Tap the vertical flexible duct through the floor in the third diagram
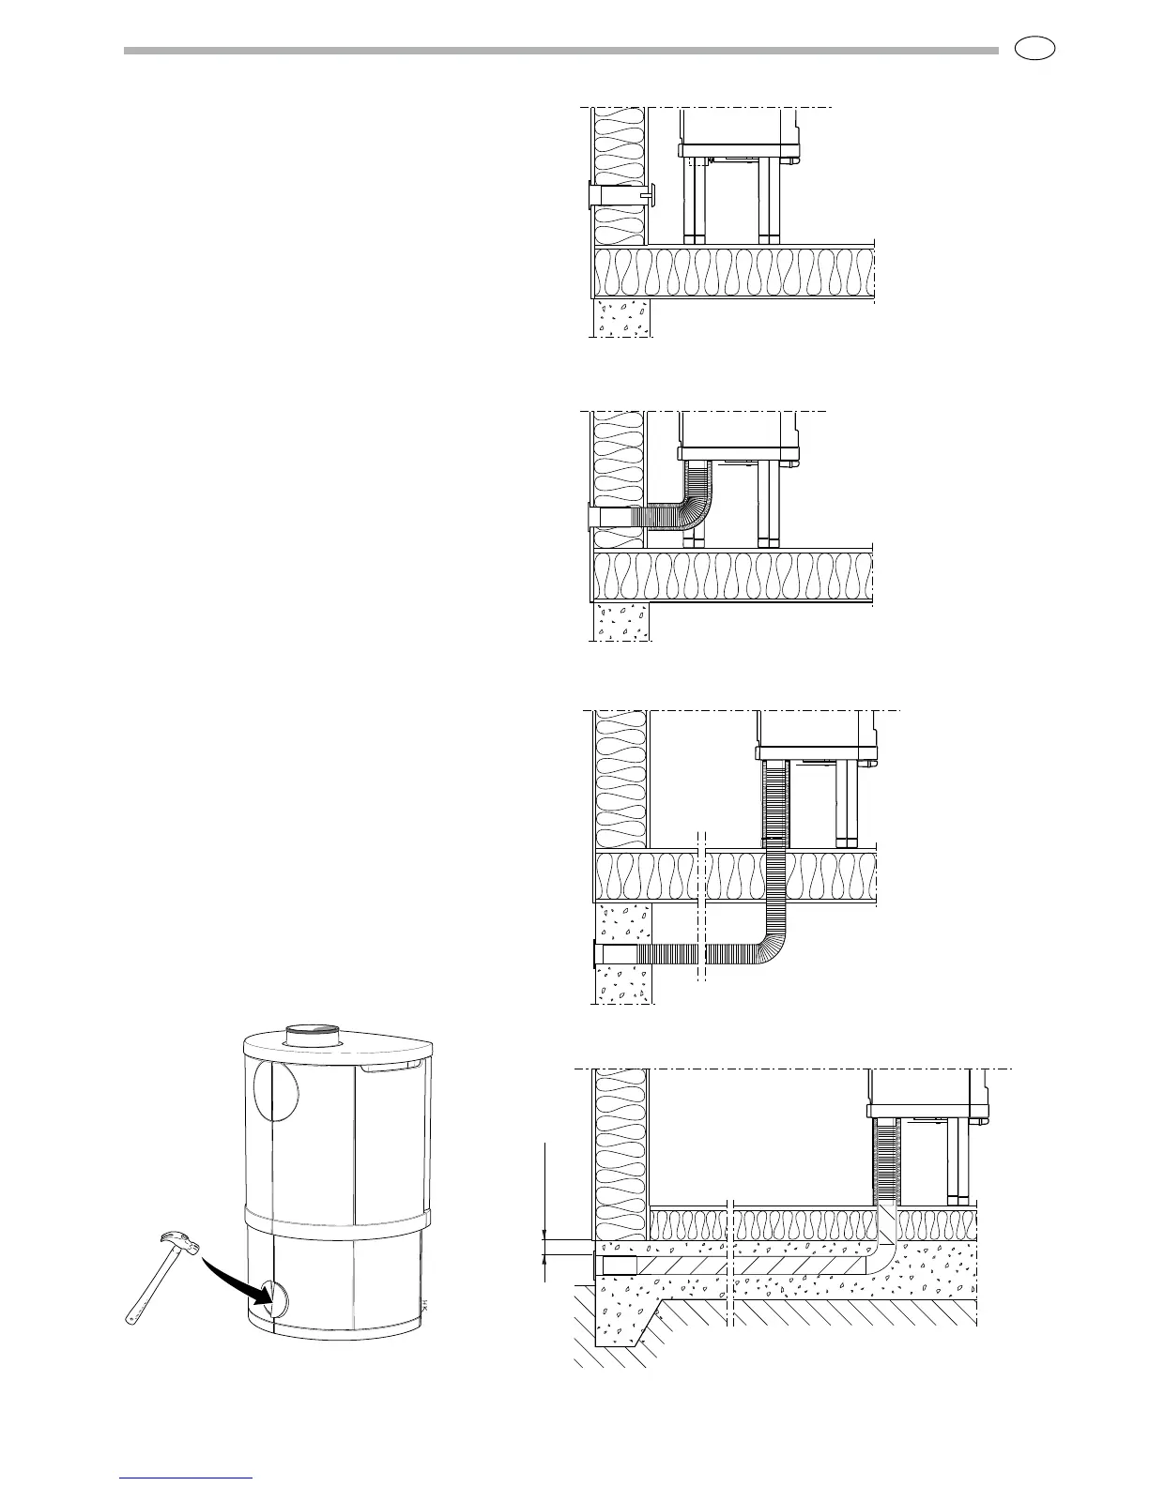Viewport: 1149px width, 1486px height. point(776,844)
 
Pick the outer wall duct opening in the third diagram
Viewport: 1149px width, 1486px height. point(601,953)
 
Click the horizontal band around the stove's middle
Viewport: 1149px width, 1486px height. point(338,1221)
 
